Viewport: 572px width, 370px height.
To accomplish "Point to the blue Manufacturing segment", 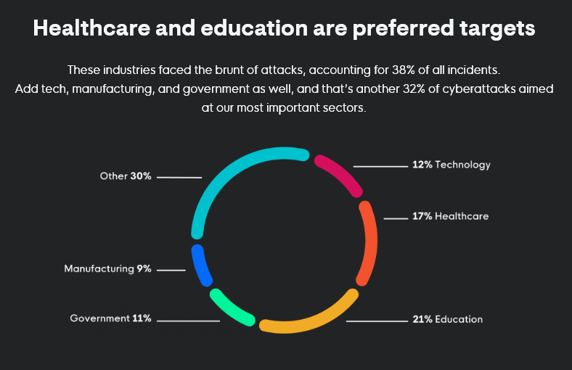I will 201,265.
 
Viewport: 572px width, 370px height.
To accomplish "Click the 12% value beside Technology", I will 422,165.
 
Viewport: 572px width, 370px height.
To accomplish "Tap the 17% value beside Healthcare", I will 422,216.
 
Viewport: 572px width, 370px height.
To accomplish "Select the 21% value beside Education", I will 422,319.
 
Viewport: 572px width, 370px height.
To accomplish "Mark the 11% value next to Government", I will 142,318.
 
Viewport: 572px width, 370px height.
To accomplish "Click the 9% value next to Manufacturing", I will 144,268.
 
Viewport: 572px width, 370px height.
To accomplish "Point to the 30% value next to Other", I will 141,176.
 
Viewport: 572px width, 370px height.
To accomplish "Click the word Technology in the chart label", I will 462,165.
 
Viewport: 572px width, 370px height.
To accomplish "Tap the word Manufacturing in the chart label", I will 99,268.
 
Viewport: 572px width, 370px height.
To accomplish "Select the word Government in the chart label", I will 99,318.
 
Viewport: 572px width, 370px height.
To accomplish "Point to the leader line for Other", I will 179,177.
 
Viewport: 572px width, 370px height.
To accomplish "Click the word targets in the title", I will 492,29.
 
